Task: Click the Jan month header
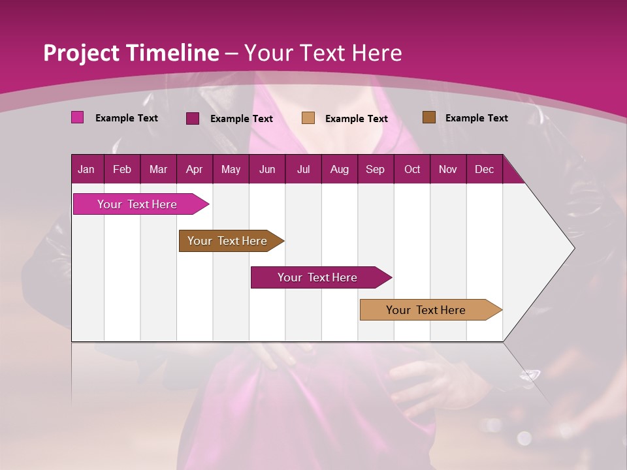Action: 86,170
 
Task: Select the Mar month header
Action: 158,170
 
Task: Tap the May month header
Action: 231,170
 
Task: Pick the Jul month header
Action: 303,170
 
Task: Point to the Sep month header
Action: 375,170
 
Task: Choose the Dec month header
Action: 484,170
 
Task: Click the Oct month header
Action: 412,170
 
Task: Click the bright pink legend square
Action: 77,117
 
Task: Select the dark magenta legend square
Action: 193,118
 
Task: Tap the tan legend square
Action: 308,117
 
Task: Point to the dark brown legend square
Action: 428,117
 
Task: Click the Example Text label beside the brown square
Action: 476,118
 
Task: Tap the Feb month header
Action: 122,170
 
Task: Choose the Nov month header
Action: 448,170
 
